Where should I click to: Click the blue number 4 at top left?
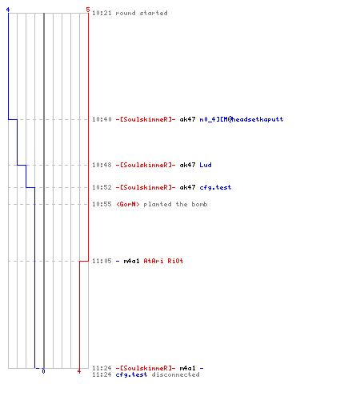click(x=8, y=10)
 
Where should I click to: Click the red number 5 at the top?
click(x=88, y=10)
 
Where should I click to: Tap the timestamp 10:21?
click(x=102, y=13)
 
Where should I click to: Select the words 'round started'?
click(x=142, y=13)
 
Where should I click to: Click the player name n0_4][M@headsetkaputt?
click(x=242, y=119)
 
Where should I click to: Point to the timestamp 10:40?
click(x=102, y=119)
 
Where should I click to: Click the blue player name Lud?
click(x=206, y=165)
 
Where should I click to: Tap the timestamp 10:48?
click(x=102, y=165)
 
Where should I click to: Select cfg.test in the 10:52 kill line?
click(x=215, y=187)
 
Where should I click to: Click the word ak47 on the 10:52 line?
click(x=187, y=187)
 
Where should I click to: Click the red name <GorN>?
click(x=128, y=204)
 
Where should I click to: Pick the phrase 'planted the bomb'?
click(x=175, y=204)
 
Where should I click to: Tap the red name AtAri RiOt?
click(x=163, y=261)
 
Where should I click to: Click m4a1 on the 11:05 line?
click(x=131, y=261)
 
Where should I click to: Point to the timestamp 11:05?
click(x=102, y=261)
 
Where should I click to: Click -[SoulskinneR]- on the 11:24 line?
click(x=146, y=368)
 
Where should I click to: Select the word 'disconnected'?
click(x=175, y=374)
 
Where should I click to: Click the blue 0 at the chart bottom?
click(x=43, y=371)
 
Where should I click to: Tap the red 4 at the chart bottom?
click(x=79, y=371)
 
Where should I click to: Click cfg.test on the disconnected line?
click(x=131, y=374)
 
